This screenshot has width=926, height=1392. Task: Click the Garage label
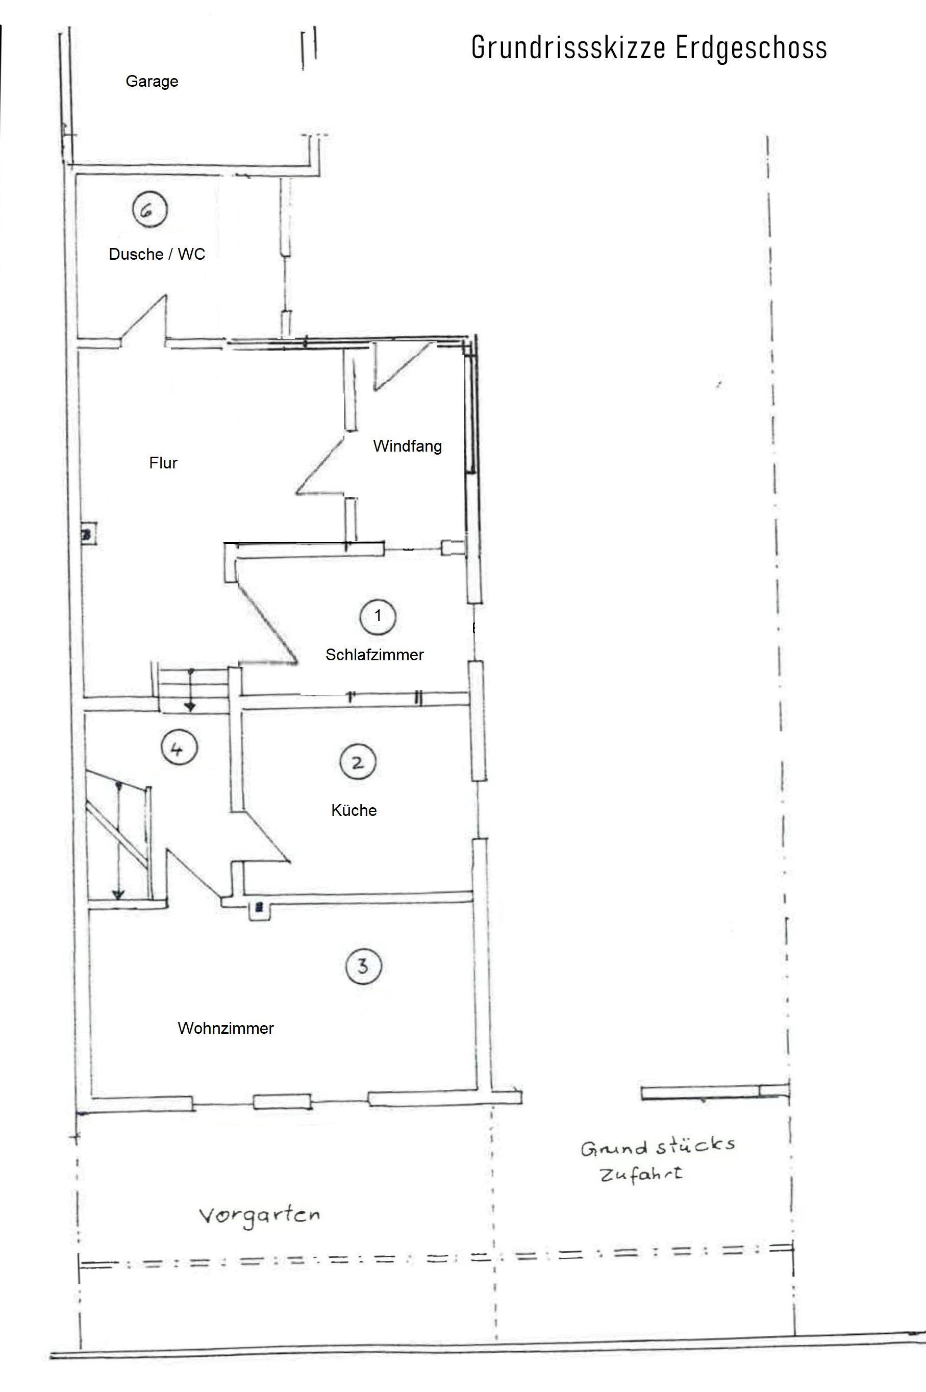152,82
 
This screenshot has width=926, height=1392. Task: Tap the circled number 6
149,209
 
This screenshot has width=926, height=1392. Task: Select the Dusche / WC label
157,254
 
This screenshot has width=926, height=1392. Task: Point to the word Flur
163,462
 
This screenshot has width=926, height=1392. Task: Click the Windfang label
408,446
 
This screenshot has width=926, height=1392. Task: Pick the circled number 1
378,616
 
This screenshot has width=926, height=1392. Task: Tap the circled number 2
358,762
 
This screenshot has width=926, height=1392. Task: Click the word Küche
354,810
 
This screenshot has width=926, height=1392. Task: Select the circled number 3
363,966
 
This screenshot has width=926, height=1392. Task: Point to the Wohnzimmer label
226,1028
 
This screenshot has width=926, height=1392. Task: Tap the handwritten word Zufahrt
641,1174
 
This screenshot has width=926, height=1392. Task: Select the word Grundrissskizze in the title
569,47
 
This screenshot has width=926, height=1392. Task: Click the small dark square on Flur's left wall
87,535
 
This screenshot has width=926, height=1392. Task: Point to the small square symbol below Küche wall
258,908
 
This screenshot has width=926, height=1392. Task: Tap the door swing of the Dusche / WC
144,320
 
